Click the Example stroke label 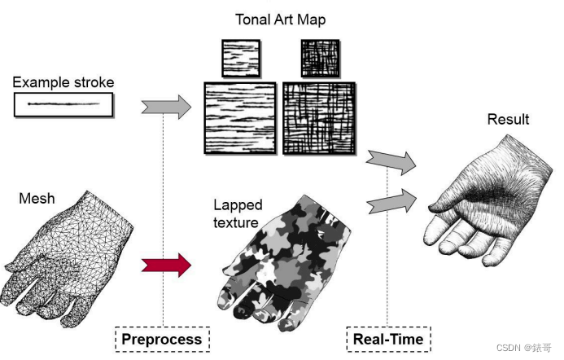click(63, 82)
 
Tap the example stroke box click(63, 104)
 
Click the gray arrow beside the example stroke click(165, 106)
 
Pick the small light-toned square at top click(242, 59)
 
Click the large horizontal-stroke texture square click(240, 118)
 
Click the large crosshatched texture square click(318, 118)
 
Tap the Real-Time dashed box click(388, 338)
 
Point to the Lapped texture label click(236, 213)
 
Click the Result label click(508, 120)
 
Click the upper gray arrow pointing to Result click(391, 161)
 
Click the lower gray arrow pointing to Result click(391, 200)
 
